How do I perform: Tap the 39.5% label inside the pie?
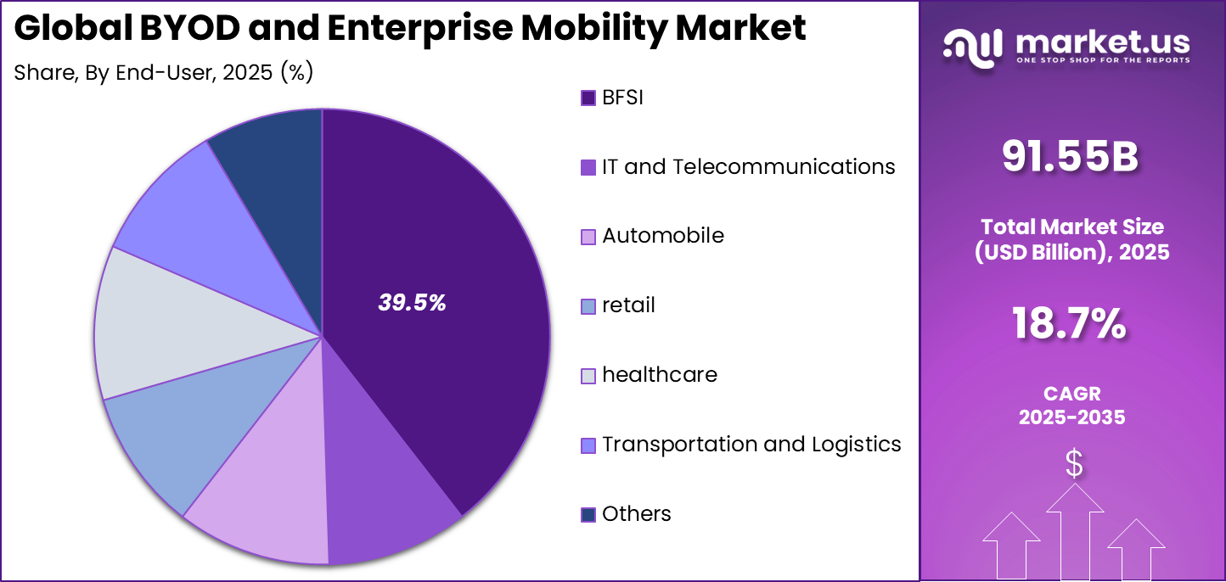[412, 303]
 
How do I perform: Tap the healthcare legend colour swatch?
[588, 376]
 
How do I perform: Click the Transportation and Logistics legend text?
[751, 444]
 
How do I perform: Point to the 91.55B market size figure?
[1070, 156]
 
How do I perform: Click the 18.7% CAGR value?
[1070, 323]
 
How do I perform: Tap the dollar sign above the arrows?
[1074, 463]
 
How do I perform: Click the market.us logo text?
[1104, 42]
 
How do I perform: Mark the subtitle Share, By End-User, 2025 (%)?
[164, 73]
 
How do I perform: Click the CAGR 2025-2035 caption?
[1071, 405]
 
